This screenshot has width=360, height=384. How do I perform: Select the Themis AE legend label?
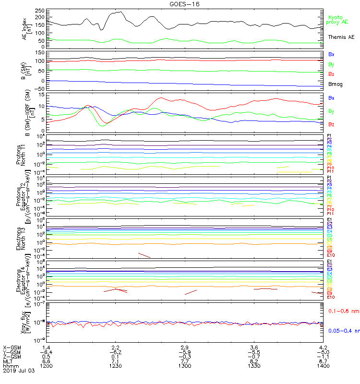point(341,37)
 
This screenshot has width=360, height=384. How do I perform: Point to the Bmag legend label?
point(335,84)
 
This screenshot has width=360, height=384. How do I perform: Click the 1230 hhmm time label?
point(115,366)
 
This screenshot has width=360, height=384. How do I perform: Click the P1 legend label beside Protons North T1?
point(329,136)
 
